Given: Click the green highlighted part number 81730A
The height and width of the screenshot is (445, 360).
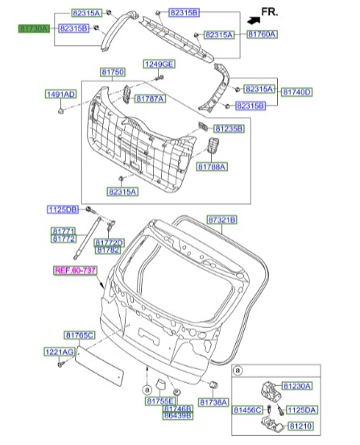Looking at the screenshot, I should [x=35, y=27].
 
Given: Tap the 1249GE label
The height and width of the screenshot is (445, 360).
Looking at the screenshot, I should [x=159, y=64].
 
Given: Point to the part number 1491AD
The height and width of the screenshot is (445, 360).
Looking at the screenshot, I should [x=60, y=94].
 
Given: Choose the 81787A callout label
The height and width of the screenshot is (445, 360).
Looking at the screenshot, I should [x=150, y=98].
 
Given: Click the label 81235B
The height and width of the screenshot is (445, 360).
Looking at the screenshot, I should [x=228, y=128].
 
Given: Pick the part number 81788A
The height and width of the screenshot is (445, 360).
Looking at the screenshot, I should [x=212, y=166].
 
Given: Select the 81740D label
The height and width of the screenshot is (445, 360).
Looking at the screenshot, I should [x=296, y=92].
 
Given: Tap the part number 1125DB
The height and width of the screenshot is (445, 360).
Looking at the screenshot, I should [x=62, y=210].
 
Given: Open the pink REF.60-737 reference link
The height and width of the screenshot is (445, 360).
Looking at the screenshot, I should [x=75, y=271].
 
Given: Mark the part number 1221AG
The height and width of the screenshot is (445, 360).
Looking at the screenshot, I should [x=59, y=352].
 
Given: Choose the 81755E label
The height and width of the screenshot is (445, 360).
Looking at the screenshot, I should [x=161, y=401].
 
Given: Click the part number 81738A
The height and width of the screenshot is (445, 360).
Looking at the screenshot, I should [x=214, y=401].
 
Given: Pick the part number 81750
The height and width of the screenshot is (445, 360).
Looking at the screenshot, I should [x=113, y=73].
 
